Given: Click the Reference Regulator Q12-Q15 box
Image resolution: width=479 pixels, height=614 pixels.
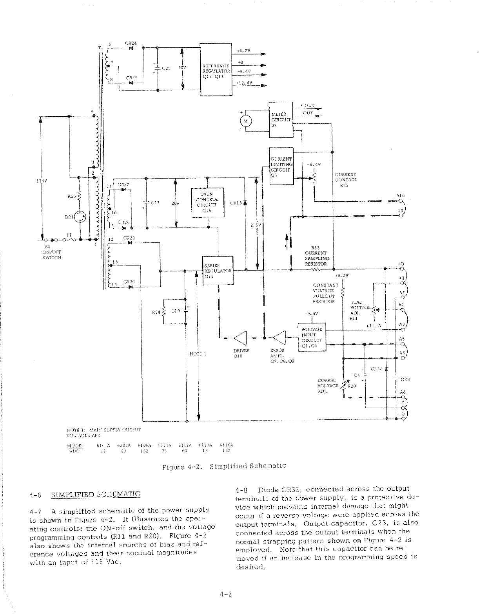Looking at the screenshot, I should [x=216, y=69].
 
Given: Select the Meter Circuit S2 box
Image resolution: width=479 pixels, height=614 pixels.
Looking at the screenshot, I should [x=281, y=119].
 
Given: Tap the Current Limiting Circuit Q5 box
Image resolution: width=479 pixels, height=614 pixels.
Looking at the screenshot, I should [x=281, y=166].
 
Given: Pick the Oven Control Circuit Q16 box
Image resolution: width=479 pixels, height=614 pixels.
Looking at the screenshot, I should [x=207, y=202].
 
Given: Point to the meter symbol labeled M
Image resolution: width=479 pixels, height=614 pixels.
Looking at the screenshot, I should [x=246, y=121].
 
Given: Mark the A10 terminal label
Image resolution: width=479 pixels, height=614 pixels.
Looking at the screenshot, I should [x=400, y=195].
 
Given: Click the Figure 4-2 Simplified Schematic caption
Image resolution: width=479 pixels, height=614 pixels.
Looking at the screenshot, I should [x=224, y=466].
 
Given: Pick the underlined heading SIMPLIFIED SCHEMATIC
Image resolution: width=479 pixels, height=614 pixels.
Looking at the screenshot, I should [x=95, y=494].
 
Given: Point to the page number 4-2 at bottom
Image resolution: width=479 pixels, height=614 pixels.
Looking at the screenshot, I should [x=226, y=594].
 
